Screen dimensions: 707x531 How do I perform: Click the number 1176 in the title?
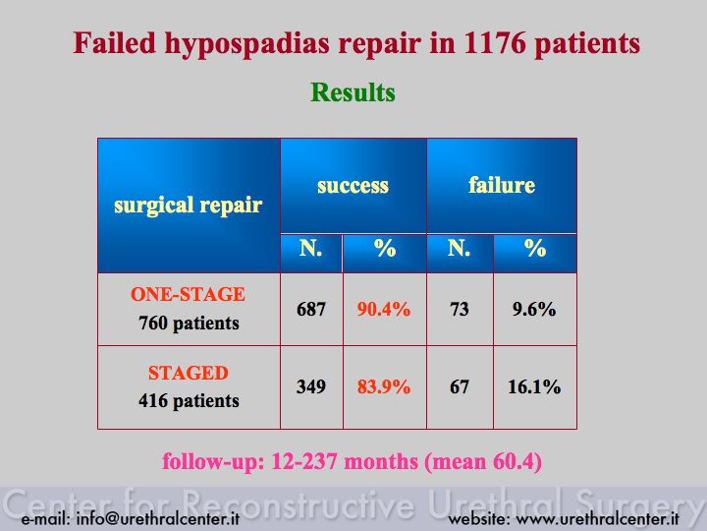pyautogui.click(x=495, y=43)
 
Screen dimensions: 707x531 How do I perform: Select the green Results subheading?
pyautogui.click(x=353, y=92)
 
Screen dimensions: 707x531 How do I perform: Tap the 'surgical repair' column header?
pyautogui.click(x=188, y=206)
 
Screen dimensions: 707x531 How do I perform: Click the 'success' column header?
pyautogui.click(x=353, y=186)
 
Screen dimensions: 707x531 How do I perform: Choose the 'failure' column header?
pyautogui.click(x=502, y=185)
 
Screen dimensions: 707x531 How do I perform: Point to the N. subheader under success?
pyautogui.click(x=310, y=248)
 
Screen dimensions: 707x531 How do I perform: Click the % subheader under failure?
pyautogui.click(x=535, y=248)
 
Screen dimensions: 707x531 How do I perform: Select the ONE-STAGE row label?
pyautogui.click(x=188, y=294)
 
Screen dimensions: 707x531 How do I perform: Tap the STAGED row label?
pyautogui.click(x=189, y=373)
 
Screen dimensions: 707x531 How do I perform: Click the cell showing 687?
pyautogui.click(x=311, y=310)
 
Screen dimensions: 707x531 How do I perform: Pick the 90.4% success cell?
pyautogui.click(x=384, y=310)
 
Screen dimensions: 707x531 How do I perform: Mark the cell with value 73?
pyautogui.click(x=459, y=310)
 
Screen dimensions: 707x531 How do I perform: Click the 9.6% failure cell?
pyautogui.click(x=534, y=310)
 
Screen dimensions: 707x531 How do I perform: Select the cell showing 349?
pyautogui.click(x=311, y=386)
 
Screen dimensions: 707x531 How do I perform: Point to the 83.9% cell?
pyautogui.click(x=384, y=387)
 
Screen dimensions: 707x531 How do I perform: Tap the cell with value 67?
pyautogui.click(x=459, y=387)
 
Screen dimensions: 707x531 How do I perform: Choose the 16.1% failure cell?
pyautogui.click(x=534, y=387)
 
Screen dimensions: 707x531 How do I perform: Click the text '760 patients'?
pyautogui.click(x=189, y=324)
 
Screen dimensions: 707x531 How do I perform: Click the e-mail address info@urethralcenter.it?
pyautogui.click(x=158, y=519)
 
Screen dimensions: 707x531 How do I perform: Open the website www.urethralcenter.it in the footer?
pyautogui.click(x=597, y=519)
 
